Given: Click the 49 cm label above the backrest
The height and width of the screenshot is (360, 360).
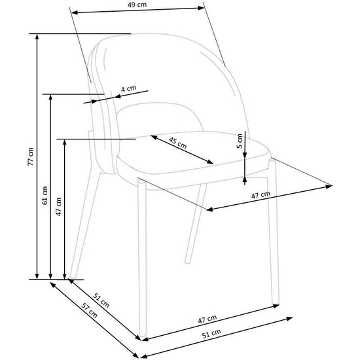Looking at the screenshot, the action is coord(137,5).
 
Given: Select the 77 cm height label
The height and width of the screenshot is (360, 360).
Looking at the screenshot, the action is coord(31,156).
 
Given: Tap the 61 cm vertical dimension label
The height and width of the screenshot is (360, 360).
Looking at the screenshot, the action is coord(45,196).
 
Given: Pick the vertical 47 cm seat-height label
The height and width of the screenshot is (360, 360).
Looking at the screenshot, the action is coord(58,206).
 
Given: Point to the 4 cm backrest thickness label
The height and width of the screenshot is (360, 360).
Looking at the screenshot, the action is coord(128,88).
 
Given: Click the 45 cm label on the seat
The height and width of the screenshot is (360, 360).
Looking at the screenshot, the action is coord(177,143).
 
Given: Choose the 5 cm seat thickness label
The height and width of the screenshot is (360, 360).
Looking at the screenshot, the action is coord(239,141).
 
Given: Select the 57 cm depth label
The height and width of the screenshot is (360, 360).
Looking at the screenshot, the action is coord(89,310).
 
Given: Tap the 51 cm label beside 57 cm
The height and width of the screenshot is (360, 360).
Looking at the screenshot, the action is coord(101,300).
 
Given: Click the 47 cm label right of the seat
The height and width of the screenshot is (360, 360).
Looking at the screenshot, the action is coord(261,195).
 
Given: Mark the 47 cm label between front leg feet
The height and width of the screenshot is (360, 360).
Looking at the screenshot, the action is coord(207,319).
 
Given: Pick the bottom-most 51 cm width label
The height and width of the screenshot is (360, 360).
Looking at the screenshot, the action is coord(211,334).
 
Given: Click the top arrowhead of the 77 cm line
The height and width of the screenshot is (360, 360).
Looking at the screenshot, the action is coord(37,37).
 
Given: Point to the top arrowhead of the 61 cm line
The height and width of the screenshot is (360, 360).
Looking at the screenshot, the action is coord(51,97).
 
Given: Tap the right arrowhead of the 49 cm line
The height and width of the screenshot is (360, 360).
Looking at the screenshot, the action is coord(201,8).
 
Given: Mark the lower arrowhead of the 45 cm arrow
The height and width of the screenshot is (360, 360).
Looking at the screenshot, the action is coord(210,162).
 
